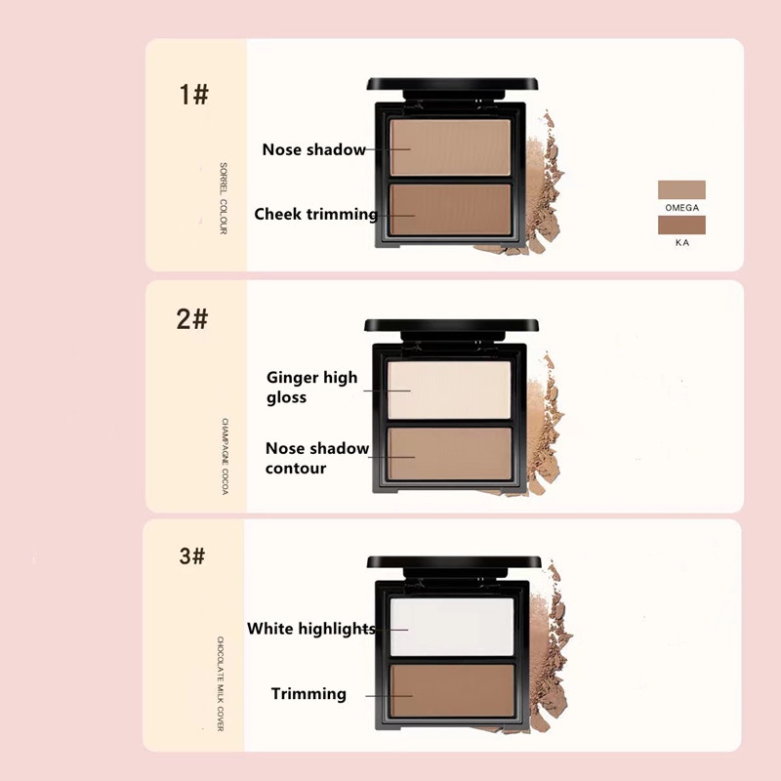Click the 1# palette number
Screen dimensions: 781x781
(193, 94)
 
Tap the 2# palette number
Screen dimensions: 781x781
(191, 319)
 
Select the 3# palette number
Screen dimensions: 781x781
(191, 555)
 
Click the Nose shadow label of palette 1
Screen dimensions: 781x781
(313, 149)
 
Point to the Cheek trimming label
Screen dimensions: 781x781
(315, 214)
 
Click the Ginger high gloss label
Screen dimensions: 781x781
(311, 387)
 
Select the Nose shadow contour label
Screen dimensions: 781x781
(316, 458)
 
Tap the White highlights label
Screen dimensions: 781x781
(311, 629)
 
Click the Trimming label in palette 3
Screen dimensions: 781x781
(308, 693)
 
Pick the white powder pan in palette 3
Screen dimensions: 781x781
(452, 627)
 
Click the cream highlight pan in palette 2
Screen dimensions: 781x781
(449, 390)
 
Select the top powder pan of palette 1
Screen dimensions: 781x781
(450, 147)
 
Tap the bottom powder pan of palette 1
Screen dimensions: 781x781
(450, 210)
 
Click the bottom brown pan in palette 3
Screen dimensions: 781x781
(452, 691)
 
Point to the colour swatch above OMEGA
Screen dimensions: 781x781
(681, 189)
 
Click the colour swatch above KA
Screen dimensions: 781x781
(681, 225)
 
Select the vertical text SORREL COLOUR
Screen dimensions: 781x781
(224, 198)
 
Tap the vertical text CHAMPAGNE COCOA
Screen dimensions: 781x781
(225, 456)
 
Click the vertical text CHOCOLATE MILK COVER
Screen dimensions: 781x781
(221, 683)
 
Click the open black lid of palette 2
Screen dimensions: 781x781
(451, 329)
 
